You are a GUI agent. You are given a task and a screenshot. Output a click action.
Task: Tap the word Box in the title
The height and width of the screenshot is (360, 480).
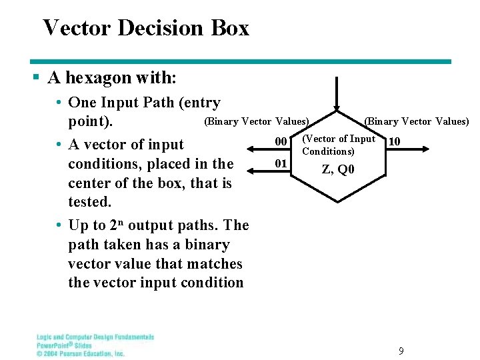pos(231,28)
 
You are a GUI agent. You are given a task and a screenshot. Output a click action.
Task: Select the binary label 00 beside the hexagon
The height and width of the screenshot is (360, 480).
pos(281,141)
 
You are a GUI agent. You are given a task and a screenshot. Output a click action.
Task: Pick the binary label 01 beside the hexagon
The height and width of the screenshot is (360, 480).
pos(281,163)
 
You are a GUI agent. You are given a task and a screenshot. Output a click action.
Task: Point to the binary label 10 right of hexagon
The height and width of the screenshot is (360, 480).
pos(394,141)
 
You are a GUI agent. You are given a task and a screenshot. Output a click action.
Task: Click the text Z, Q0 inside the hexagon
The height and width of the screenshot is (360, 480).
pos(339,169)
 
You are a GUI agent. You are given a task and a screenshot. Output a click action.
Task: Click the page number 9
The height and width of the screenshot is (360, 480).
pos(401,351)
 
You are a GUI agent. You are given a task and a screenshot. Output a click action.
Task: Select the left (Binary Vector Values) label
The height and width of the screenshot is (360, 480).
pos(256,121)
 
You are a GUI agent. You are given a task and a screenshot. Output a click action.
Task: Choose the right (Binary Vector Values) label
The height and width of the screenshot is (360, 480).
pos(416,121)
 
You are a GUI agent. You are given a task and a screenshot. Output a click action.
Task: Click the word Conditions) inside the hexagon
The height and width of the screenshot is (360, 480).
pos(328,151)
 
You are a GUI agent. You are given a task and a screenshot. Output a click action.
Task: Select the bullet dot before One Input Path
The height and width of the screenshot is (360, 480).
pos(59,103)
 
